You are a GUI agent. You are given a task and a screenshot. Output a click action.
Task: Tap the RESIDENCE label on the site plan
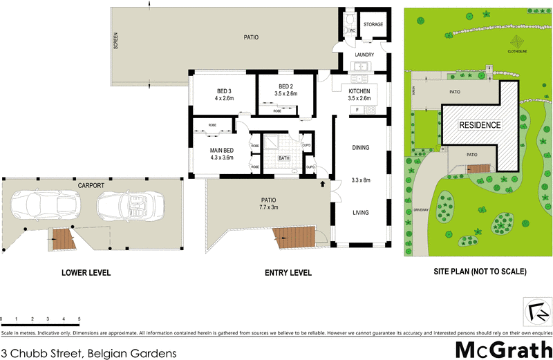pyautogui.click(x=480, y=126)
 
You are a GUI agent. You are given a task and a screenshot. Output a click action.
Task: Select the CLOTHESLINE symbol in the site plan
pyautogui.click(x=517, y=41)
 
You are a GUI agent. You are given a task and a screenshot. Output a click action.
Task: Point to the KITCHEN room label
pyautogui.click(x=359, y=91)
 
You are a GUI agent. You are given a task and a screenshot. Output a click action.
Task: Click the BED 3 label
pyautogui.click(x=224, y=91)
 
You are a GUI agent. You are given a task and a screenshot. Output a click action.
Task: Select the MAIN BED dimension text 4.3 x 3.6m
pyautogui.click(x=223, y=158)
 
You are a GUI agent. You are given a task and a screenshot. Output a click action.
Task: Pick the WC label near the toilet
pyautogui.click(x=352, y=30)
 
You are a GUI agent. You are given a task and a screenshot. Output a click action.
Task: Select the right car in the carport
pyautogui.click(x=122, y=205)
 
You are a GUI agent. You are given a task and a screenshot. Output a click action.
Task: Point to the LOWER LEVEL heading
pyautogui.click(x=85, y=273)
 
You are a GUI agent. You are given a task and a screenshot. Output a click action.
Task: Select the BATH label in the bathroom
pyautogui.click(x=284, y=158)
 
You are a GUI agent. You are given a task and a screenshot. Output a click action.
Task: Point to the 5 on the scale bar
pyautogui.click(x=79, y=319)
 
